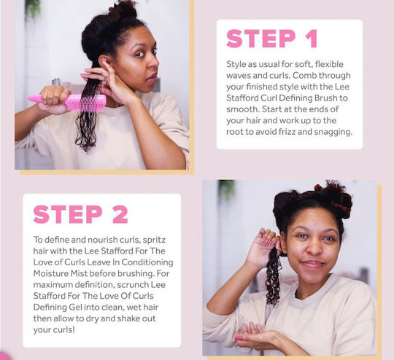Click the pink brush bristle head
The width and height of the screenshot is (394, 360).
tap(86, 103)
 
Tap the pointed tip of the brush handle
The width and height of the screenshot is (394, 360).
tap(28, 98)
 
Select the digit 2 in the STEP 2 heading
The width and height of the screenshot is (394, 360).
tap(120, 214)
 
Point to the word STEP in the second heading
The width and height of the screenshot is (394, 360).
tap(68, 214)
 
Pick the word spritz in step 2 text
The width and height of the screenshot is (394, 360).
tap(154, 240)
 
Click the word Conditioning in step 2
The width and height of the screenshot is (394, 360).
tap(147, 262)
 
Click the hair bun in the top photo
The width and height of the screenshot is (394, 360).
tap(123, 10)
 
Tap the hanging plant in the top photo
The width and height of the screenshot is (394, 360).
tap(33, 9)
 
